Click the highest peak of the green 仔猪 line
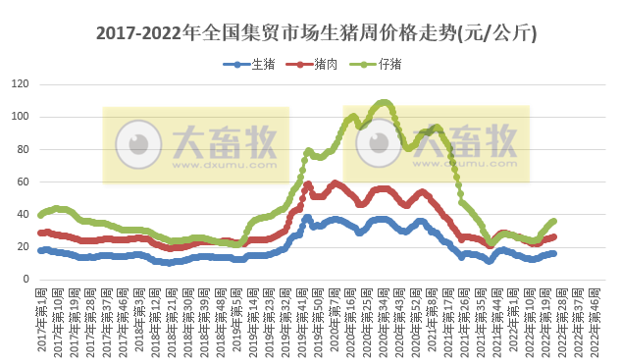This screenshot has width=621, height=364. tap(384, 102)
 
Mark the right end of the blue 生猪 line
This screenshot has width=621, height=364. tap(554, 253)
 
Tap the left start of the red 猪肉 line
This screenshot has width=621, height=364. tap(40, 233)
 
